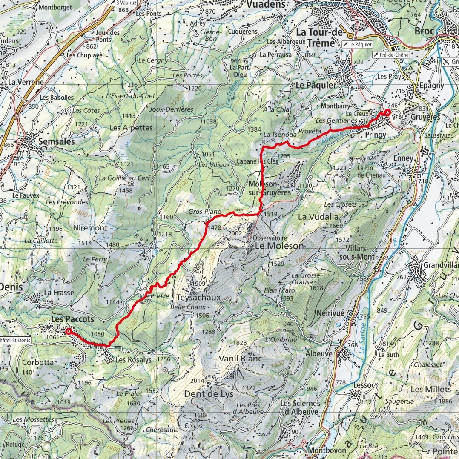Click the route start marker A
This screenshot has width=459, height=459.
pos(387,112)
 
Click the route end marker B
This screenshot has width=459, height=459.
pos(68,330)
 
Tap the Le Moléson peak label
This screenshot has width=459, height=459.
pos(279,246)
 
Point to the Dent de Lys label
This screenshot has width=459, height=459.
pos(209,394)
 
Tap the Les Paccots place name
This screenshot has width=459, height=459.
pos(72,318)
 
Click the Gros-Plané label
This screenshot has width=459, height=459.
pos(205,211)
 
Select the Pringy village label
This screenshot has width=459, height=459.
pos(375,135)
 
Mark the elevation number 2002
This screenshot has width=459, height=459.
pos(234,233)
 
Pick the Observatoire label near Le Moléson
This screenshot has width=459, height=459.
pos(270,238)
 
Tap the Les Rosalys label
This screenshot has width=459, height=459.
pos(133,360)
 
